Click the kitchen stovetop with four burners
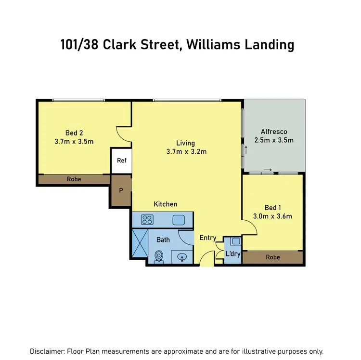pyautogui.click(x=147, y=220)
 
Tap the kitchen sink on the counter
pyautogui.click(x=179, y=220)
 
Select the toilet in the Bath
pyautogui.click(x=158, y=256)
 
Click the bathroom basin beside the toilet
pyautogui.click(x=182, y=257)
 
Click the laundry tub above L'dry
pyautogui.click(x=235, y=241)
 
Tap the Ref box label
pyautogui.click(x=122, y=160)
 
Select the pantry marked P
pyautogui.click(x=121, y=190)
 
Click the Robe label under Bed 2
pyautogui.click(x=74, y=179)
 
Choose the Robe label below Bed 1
pyautogui.click(x=272, y=257)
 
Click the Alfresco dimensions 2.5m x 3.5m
pyautogui.click(x=274, y=141)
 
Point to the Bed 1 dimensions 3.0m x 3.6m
pyautogui.click(x=273, y=216)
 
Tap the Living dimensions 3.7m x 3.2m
pyautogui.click(x=185, y=152)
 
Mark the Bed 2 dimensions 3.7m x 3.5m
pyautogui.click(x=75, y=141)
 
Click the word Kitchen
pyautogui.click(x=166, y=204)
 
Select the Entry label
pyautogui.click(x=208, y=238)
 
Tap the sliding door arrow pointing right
pyautogui.click(x=268, y=170)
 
